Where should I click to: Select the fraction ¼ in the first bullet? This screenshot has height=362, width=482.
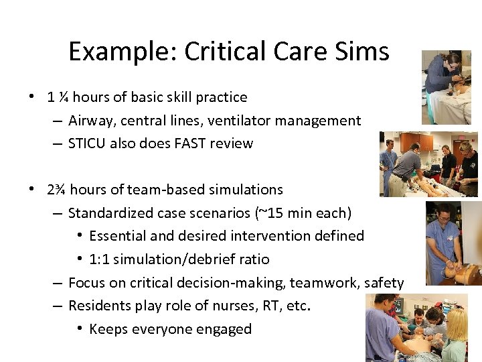[x=63, y=97]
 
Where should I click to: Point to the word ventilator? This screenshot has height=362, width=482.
[x=255, y=121]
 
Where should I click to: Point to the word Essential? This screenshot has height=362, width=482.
[x=118, y=236]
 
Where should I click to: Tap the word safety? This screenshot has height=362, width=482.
[x=384, y=283]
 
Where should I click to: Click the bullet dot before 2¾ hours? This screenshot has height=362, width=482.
[x=32, y=190]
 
